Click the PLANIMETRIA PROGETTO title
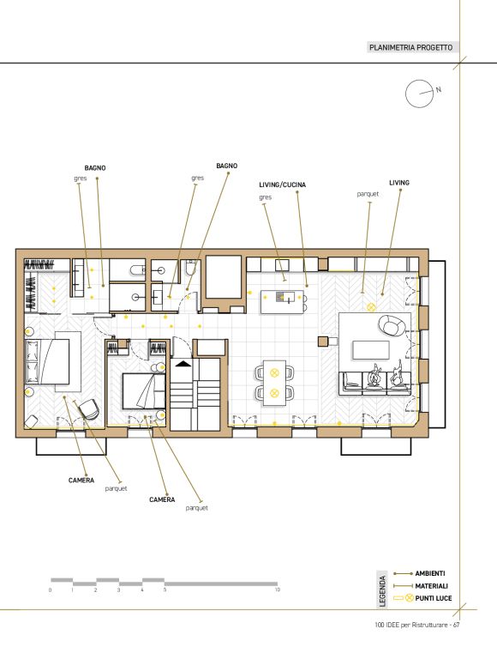tap(410, 47)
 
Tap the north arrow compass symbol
tap(421, 94)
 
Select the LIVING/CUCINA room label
tap(282, 184)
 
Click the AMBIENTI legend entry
tap(430, 573)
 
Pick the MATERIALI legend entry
tap(432, 586)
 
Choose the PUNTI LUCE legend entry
tap(434, 598)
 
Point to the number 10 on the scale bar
tap(278, 590)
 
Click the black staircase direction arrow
tap(183, 364)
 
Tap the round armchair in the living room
tap(390, 325)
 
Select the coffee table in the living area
tap(370, 350)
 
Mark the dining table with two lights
tap(274, 383)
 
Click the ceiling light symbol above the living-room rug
tap(371, 307)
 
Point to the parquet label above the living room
tap(368, 194)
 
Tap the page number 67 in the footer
tap(456, 626)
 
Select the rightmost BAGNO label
tap(227, 166)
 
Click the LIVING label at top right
tap(399, 183)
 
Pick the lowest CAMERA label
tap(162, 499)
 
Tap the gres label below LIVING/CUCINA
tap(266, 197)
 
